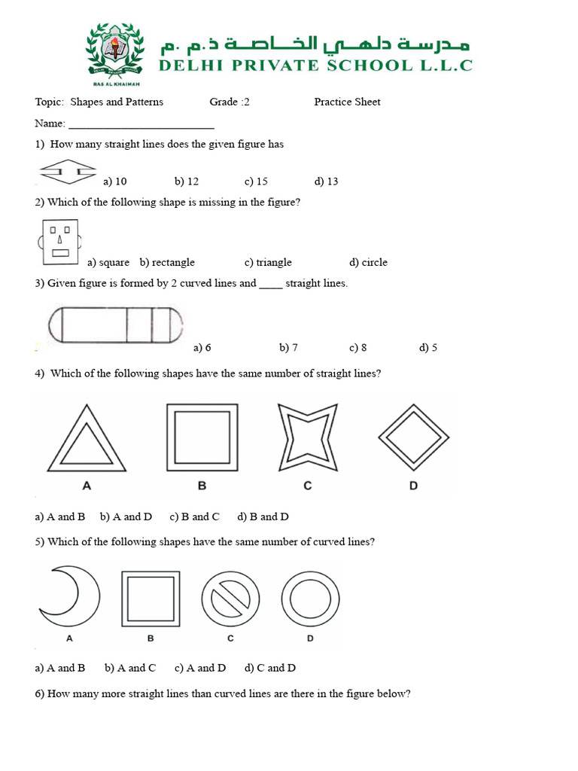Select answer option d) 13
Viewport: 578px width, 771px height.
pos(327,181)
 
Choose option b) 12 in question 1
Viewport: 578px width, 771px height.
pos(187,181)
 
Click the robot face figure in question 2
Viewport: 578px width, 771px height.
pos(59,242)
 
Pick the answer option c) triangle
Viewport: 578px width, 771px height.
pos(268,262)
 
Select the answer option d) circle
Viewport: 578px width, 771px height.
pos(368,262)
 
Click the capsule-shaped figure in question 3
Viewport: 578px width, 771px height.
pos(116,325)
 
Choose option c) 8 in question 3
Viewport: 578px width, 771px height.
pos(357,347)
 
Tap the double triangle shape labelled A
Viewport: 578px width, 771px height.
pos(87,439)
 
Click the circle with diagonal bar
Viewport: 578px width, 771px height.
pos(230,599)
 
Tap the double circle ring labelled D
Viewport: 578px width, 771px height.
pos(310,599)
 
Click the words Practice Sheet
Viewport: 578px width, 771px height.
pos(347,102)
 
